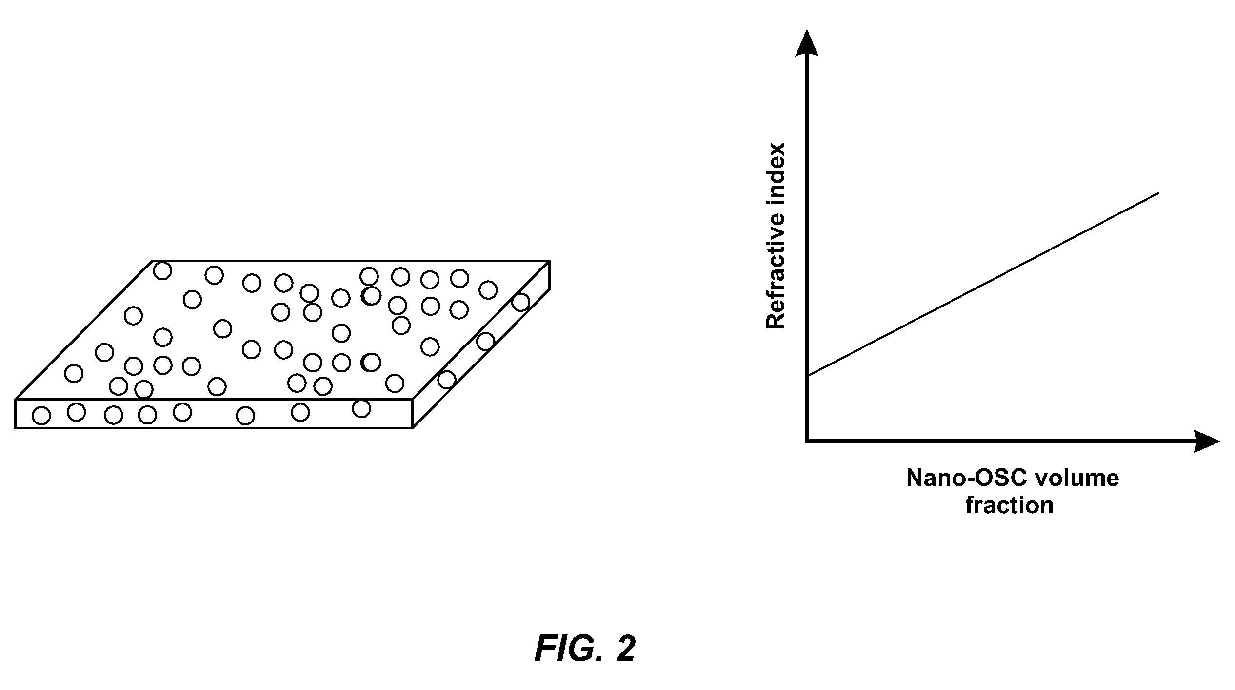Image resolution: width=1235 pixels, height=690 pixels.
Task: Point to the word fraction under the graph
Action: [1010, 505]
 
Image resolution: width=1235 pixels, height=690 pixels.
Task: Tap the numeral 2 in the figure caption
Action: [626, 648]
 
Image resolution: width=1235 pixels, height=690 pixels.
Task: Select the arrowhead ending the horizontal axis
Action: [1206, 441]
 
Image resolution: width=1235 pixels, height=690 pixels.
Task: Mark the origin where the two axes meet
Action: [807, 441]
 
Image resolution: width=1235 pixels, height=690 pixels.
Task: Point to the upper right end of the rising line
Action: [1158, 193]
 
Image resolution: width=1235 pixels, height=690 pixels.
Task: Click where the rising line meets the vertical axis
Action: [808, 375]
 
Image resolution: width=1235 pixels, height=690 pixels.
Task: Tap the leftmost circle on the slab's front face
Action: [41, 416]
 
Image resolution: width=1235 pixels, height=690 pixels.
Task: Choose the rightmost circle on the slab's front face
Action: [361, 408]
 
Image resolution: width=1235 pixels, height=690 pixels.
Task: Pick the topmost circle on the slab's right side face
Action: [521, 302]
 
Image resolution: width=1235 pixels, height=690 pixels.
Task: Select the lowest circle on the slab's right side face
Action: [447, 379]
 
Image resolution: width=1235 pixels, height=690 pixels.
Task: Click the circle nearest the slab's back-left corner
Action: [162, 270]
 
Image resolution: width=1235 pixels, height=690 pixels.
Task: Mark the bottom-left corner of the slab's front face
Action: [16, 428]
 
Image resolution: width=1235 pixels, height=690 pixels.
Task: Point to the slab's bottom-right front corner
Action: [413, 428]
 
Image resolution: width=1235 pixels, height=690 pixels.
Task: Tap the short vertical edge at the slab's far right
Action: [550, 275]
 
